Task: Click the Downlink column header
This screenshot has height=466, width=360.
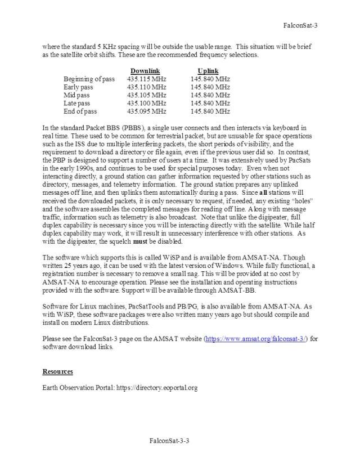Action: click(145, 71)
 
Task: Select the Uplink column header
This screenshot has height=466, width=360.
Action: click(208, 71)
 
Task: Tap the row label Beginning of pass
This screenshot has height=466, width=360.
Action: click(89, 79)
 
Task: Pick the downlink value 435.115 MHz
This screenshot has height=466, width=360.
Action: click(147, 79)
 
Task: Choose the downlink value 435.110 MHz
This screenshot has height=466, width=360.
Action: click(147, 87)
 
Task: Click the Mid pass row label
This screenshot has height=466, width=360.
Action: click(76, 96)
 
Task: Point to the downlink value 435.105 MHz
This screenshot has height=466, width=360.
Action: click(147, 96)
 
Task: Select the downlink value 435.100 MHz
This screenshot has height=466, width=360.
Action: click(147, 104)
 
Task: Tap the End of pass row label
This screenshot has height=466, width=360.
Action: click(80, 111)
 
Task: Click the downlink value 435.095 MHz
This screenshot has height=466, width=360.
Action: click(147, 111)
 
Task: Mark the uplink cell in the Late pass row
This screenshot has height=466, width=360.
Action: click(210, 104)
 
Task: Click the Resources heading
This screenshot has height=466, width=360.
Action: click(57, 371)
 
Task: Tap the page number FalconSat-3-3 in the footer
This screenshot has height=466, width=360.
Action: click(169, 441)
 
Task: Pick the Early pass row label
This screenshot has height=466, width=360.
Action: click(79, 87)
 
